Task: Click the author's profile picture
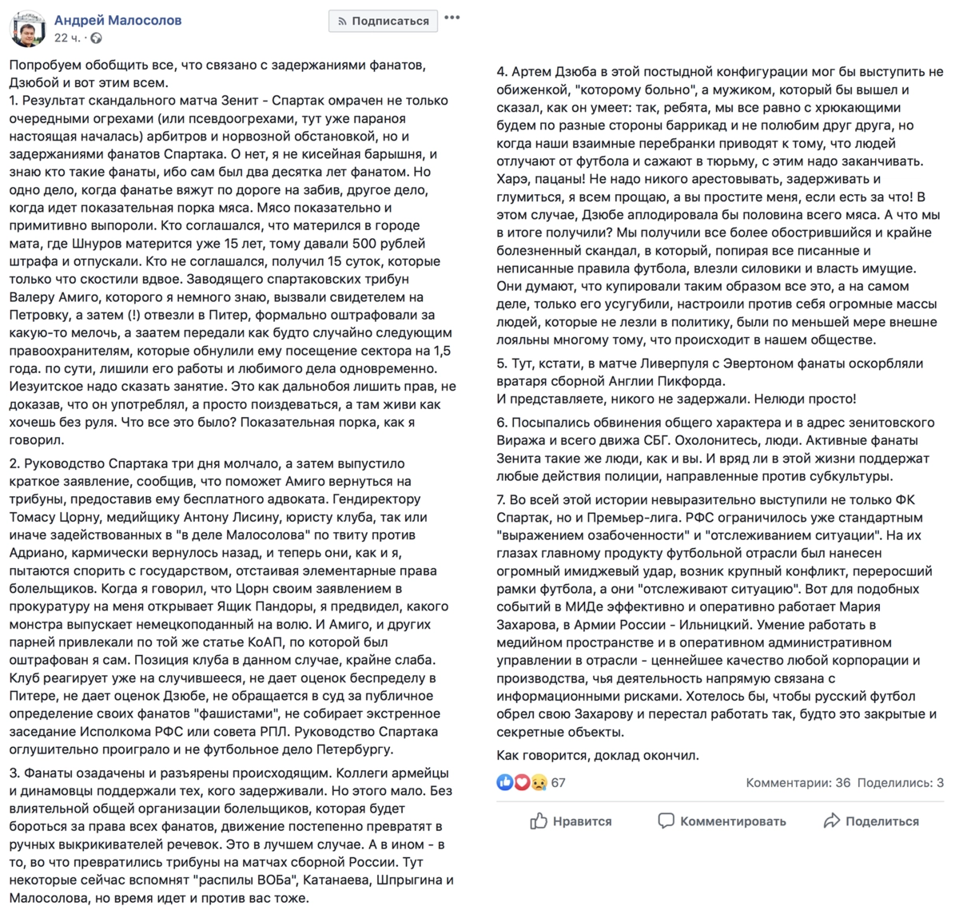coord(27,28)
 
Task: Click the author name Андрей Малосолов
coord(117,20)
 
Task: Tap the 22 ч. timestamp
coord(67,38)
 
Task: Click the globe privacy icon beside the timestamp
coord(96,38)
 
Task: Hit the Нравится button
coord(571,821)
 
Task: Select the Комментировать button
coord(722,821)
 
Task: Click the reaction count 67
coord(558,782)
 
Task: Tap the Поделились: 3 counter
coord(900,782)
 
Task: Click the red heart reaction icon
coord(521,782)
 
